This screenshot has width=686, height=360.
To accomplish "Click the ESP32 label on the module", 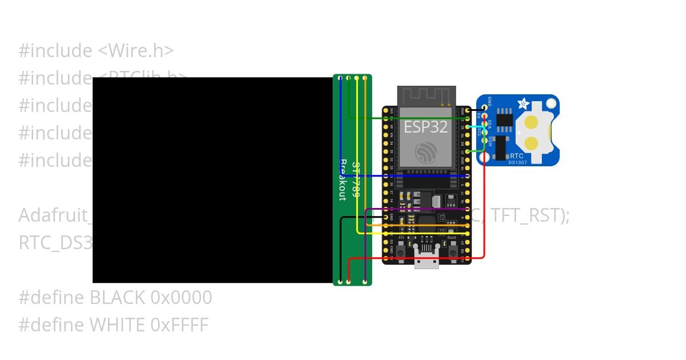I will click(x=426, y=126).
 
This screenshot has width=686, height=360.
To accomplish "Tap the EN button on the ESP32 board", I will click(x=401, y=250).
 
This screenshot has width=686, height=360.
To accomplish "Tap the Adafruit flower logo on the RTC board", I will click(x=523, y=103).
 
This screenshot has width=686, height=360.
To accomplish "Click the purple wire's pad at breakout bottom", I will click(x=365, y=282).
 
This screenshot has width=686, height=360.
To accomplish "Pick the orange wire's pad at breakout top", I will click(x=365, y=78).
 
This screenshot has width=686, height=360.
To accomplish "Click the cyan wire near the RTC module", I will click(x=477, y=127).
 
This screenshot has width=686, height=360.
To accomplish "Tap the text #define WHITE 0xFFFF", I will click(x=113, y=325).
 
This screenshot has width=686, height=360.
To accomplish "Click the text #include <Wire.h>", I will click(x=96, y=51).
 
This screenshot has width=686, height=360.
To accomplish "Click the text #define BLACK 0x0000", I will click(x=115, y=298).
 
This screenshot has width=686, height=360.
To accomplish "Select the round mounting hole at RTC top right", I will click(x=551, y=103).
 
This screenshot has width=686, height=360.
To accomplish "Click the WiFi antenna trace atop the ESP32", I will click(x=426, y=95).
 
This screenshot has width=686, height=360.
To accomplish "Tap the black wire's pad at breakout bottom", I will click(x=341, y=282).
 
